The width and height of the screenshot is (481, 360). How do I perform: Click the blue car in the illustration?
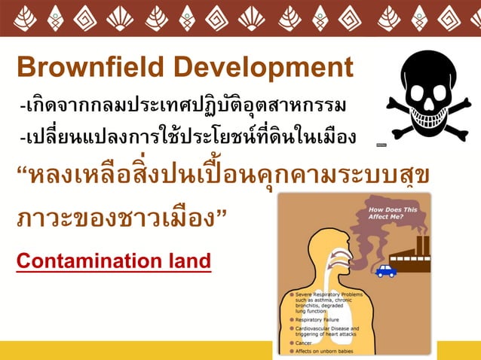click(386, 270)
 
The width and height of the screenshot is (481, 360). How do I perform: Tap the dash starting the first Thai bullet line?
click(22, 106)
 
